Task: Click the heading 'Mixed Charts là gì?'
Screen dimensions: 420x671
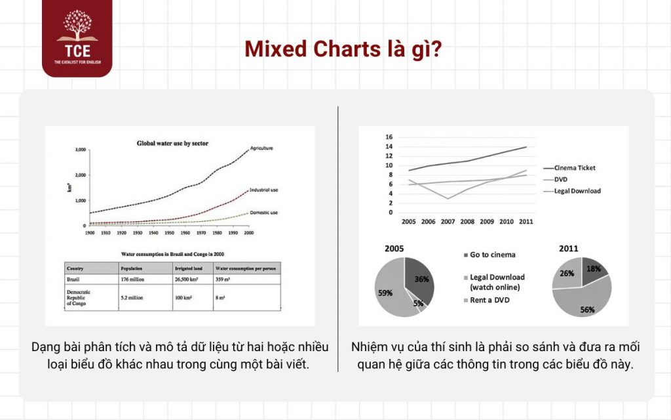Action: tap(335, 49)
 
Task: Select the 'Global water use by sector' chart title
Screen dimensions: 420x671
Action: tap(172, 142)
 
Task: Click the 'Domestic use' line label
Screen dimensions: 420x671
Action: tap(265, 213)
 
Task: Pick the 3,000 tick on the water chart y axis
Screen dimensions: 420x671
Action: tap(80, 150)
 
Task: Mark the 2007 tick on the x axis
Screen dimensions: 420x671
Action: tap(448, 222)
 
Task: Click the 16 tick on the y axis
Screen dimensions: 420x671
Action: tap(389, 137)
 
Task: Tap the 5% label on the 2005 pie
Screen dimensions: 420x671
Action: tap(417, 304)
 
